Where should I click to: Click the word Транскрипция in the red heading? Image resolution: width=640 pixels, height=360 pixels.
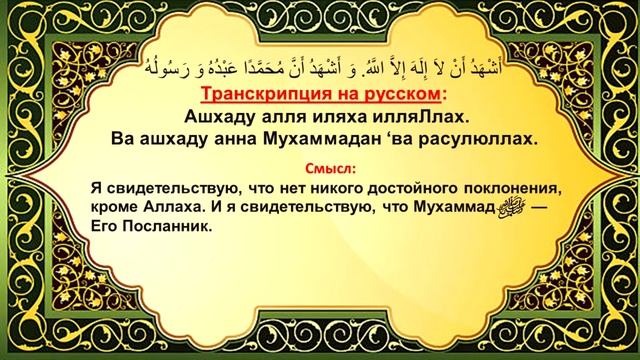pos(261,95)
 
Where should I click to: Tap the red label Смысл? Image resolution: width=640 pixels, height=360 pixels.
pos(328,167)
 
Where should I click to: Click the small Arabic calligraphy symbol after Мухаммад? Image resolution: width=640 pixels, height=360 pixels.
pos(508,206)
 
